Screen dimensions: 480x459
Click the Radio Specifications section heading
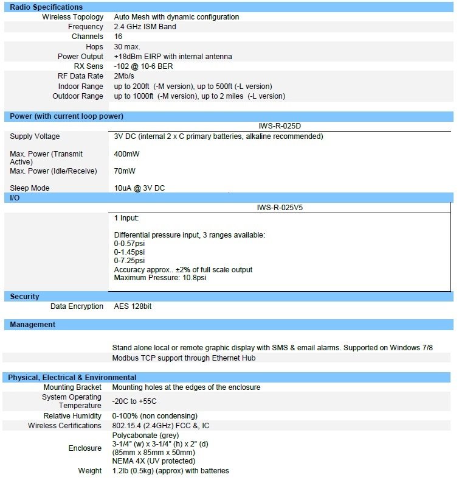click(x=46, y=7)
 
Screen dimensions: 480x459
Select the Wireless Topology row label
click(x=72, y=17)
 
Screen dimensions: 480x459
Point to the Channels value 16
click(x=118, y=37)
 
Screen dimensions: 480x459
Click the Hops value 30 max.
click(x=127, y=47)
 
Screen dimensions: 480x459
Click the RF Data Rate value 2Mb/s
click(x=125, y=76)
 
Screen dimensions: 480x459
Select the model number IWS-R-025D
click(x=279, y=126)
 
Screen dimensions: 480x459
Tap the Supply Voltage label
click(x=35, y=136)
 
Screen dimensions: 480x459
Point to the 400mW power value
click(x=126, y=154)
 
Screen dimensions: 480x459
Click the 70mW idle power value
click(x=125, y=171)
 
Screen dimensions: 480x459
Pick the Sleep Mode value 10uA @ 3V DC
click(x=139, y=188)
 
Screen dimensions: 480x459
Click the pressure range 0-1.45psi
click(x=129, y=252)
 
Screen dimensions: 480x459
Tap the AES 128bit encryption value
click(x=133, y=306)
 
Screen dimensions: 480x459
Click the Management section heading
click(x=32, y=325)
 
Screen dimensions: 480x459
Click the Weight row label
click(x=90, y=470)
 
